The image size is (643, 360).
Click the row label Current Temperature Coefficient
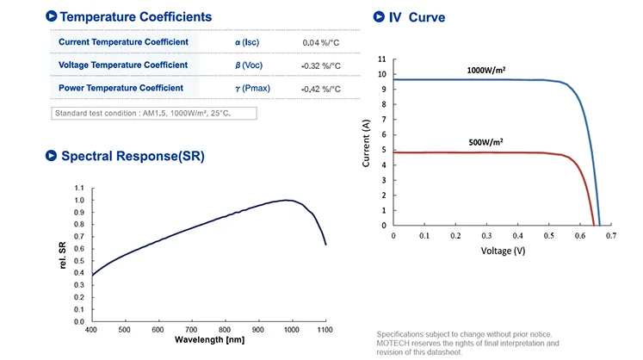[123, 41]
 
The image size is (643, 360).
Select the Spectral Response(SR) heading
[132, 156]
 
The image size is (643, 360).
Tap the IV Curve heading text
[417, 17]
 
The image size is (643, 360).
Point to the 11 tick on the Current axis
[381, 59]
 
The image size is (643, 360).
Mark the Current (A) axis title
[367, 143]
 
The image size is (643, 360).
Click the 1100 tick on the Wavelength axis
[325, 329]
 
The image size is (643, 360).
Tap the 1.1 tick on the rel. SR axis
[79, 188]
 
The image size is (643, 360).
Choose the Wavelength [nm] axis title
[209, 339]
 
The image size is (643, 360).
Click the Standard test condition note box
[154, 113]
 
